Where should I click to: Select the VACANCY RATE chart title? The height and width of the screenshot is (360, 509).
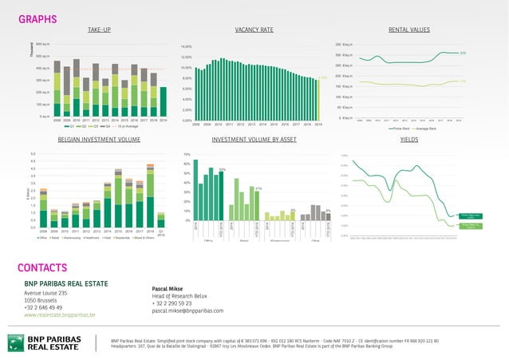point(254,30)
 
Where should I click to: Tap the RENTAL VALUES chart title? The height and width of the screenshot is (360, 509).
point(408,30)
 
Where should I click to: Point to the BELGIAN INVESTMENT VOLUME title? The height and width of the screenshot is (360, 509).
point(99,140)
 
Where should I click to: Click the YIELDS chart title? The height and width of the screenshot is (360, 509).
point(408,140)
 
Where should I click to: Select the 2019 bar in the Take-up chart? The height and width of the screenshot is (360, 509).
point(163,101)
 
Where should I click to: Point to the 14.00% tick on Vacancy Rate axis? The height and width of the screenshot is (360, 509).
point(187,47)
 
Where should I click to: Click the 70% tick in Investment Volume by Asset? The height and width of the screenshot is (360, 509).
point(187,154)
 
